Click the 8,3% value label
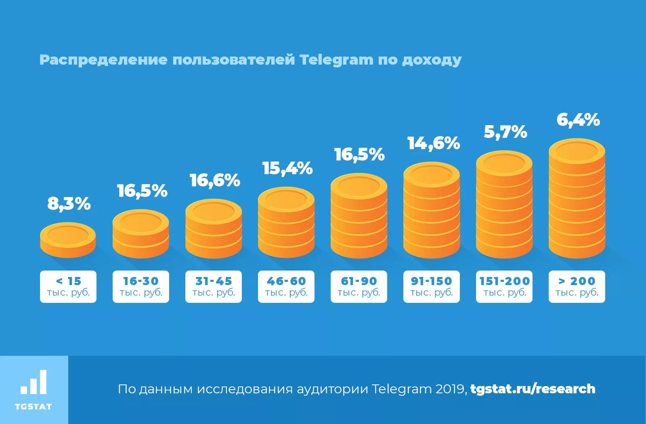coord(69,204)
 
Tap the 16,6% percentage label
coord(215,181)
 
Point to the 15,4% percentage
coord(287,168)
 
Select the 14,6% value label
coord(433,143)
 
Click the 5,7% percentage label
coord(505,132)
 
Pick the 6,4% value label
coord(578,120)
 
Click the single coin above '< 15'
coord(68,239)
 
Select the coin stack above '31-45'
coord(214,229)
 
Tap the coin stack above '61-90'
coord(359,216)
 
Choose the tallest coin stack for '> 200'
coord(577,199)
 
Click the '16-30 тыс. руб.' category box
coord(141,286)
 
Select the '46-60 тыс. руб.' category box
coord(286,286)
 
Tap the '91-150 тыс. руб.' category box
coord(432,286)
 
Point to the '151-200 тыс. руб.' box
coord(504,286)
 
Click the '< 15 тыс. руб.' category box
coord(68,286)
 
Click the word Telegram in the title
coord(336,60)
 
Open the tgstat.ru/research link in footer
coord(533,389)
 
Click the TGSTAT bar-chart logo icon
coord(34,382)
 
